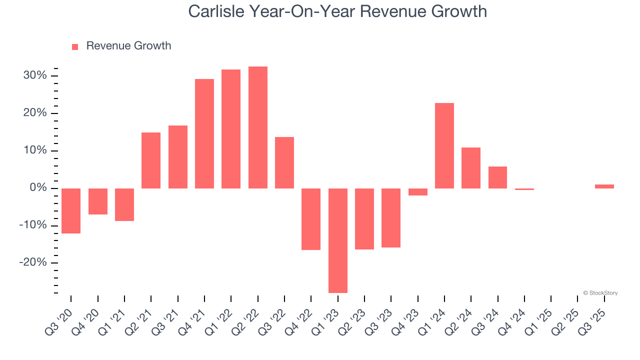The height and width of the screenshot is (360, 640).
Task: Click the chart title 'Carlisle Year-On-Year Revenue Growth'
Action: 337,11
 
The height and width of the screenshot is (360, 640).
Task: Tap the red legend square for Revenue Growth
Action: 75,46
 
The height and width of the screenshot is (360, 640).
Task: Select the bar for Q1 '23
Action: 337,240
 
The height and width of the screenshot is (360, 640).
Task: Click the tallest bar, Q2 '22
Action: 257,127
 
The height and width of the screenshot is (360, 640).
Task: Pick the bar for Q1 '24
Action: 444,145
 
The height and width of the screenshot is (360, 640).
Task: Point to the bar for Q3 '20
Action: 71,210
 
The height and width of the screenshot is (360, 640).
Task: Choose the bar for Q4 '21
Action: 204,133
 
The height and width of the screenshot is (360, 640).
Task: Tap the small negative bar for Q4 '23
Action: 417,191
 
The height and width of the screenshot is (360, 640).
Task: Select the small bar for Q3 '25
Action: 604,186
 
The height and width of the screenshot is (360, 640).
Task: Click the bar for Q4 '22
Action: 311,219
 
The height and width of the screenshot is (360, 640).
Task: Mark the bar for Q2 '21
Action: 151,160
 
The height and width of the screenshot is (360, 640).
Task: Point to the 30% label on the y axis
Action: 34,75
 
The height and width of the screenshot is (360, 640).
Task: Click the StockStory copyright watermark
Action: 600,293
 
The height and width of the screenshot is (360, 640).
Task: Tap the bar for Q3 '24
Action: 497,177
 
